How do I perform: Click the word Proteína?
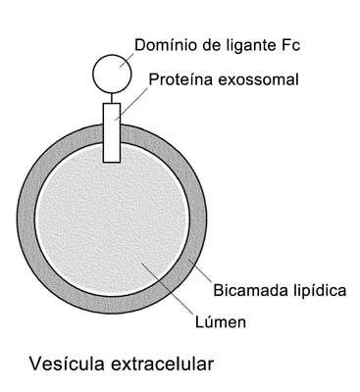click(180, 79)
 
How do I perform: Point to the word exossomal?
click(258, 79)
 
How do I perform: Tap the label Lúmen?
click(221, 321)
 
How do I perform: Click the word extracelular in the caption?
click(163, 364)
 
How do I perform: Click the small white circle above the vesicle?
click(112, 73)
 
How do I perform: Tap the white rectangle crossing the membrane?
click(112, 132)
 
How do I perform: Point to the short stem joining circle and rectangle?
click(112, 98)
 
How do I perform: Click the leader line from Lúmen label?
click(167, 286)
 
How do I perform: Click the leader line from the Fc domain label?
click(127, 60)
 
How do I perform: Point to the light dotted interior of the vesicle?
click(112, 222)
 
